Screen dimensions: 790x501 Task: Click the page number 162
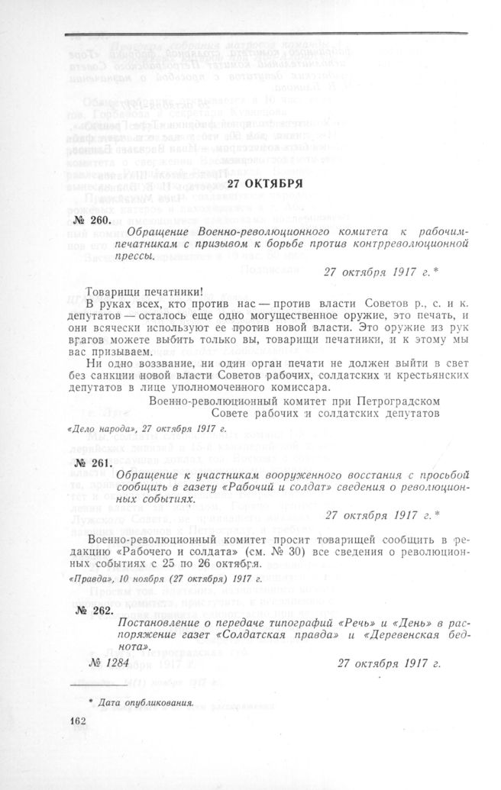[x=79, y=721]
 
